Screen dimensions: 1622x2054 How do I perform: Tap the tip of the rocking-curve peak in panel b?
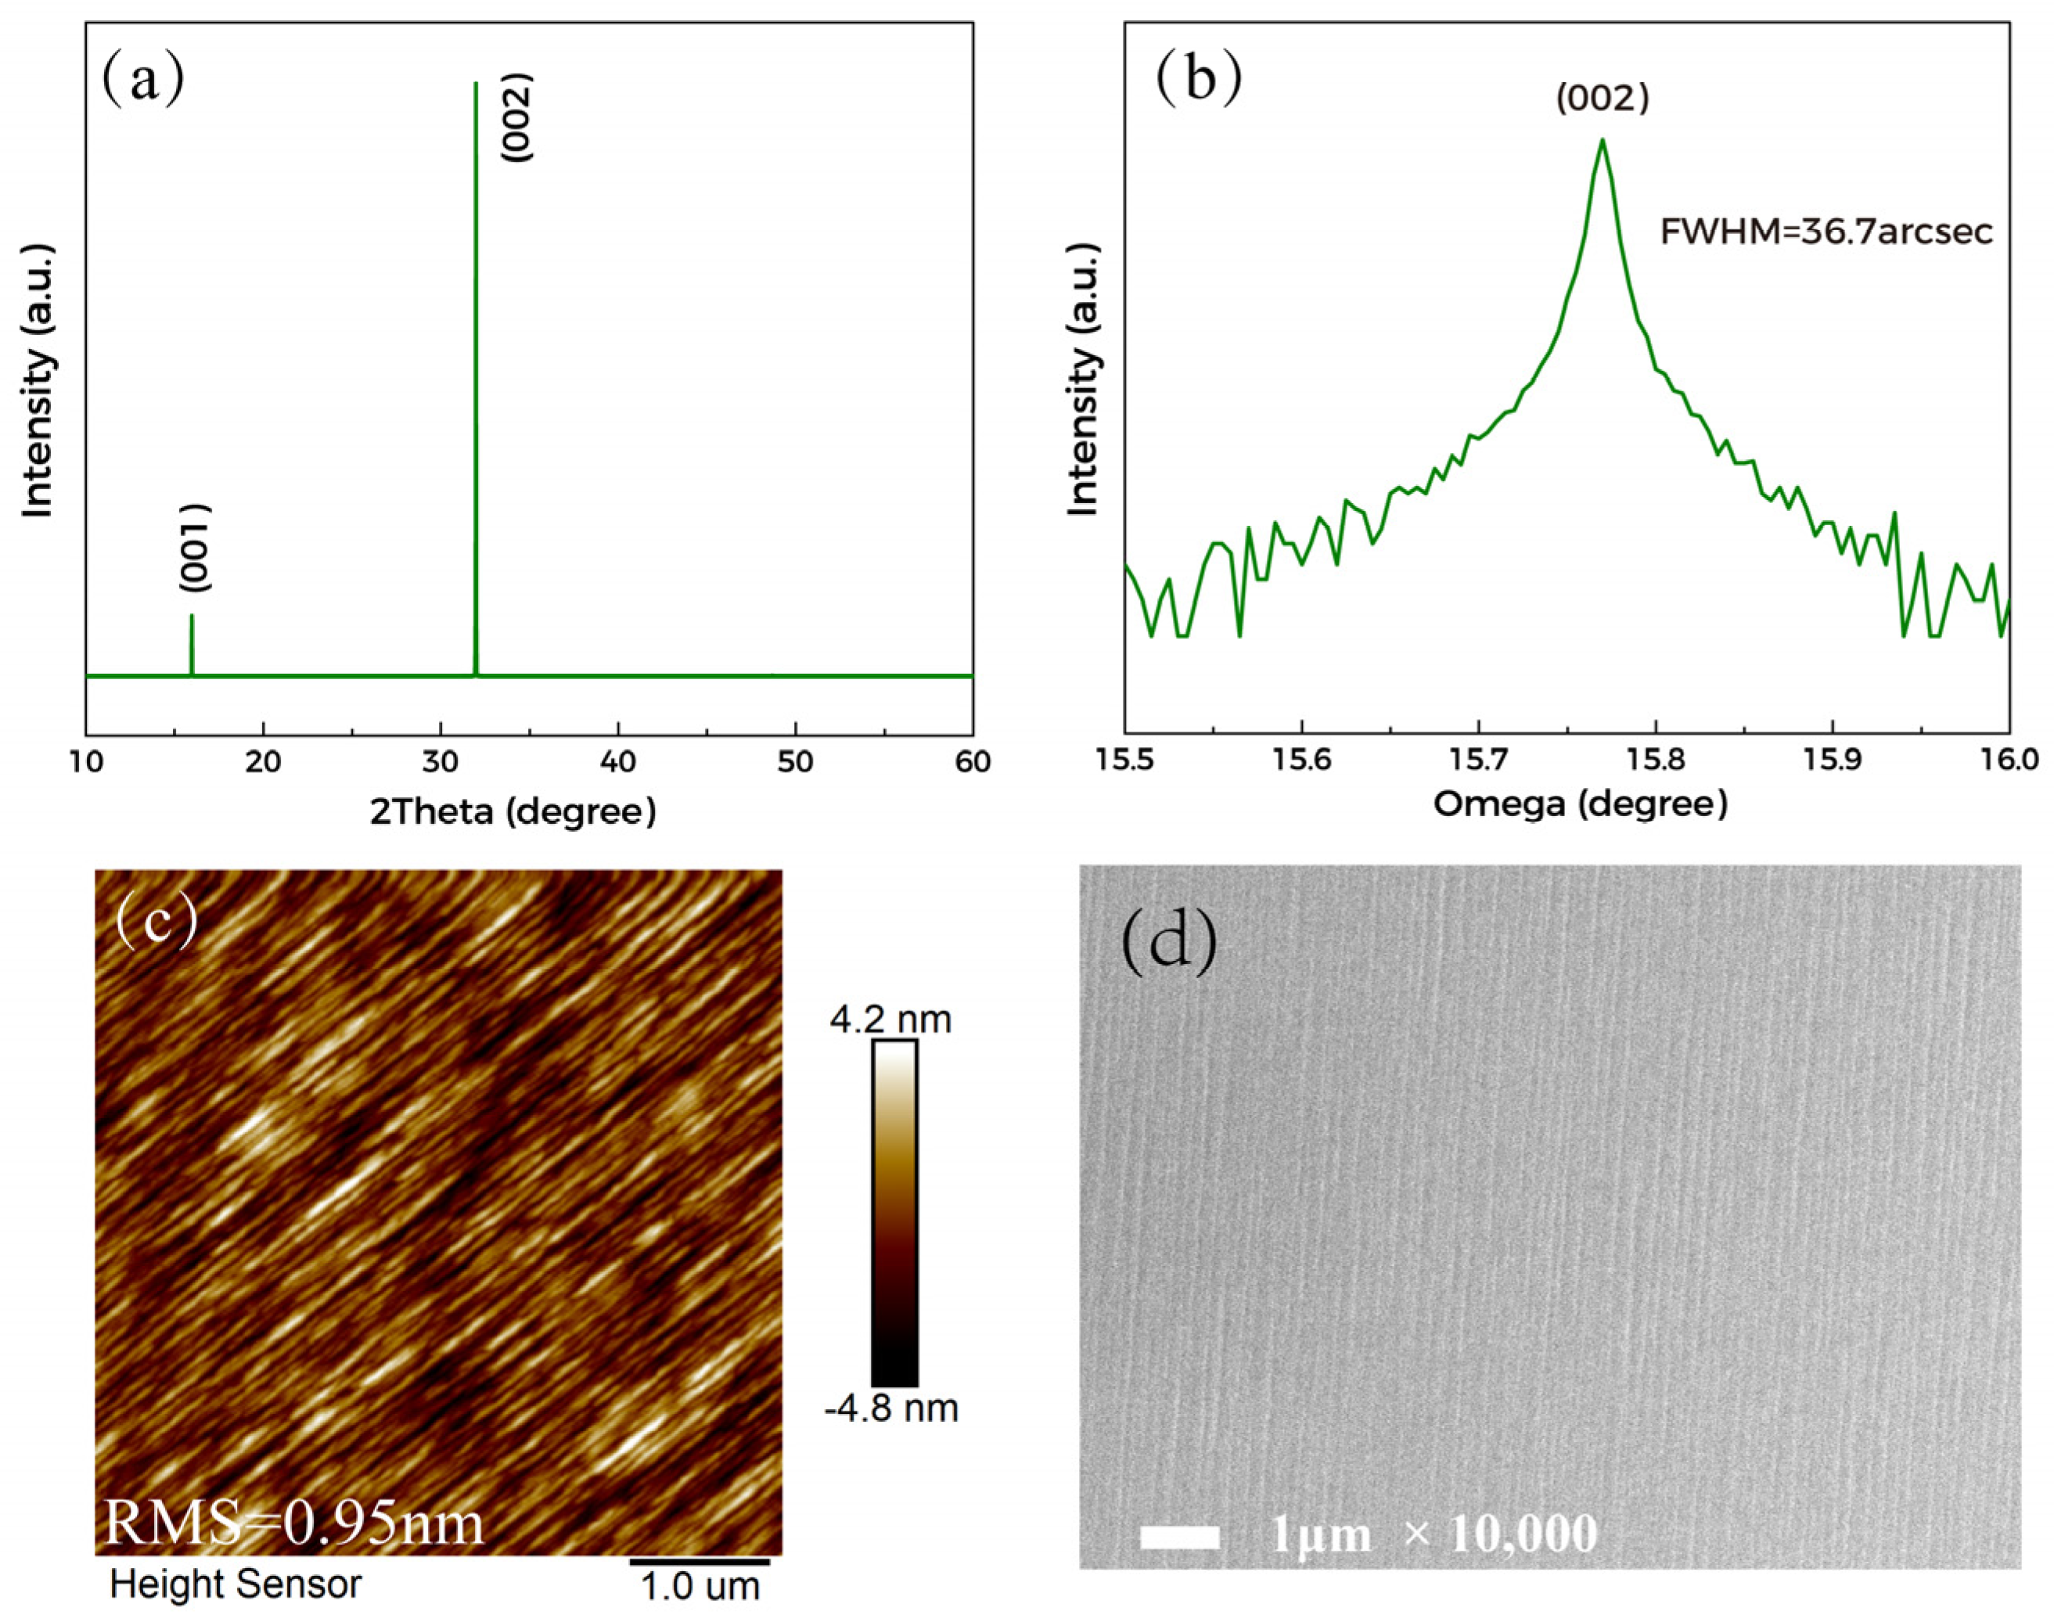pyautogui.click(x=1602, y=142)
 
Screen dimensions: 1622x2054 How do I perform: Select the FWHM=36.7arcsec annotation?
pyautogui.click(x=1826, y=232)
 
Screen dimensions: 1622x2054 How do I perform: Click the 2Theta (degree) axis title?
pyautogui.click(x=513, y=812)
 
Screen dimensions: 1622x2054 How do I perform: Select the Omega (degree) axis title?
pyautogui.click(x=1580, y=804)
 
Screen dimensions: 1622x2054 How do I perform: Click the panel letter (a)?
pyautogui.click(x=142, y=81)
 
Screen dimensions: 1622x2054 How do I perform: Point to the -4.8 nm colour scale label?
pyautogui.click(x=890, y=1408)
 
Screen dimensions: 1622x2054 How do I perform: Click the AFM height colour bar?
pyautogui.click(x=894, y=1213)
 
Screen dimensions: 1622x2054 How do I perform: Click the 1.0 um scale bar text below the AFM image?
pyautogui.click(x=700, y=1587)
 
